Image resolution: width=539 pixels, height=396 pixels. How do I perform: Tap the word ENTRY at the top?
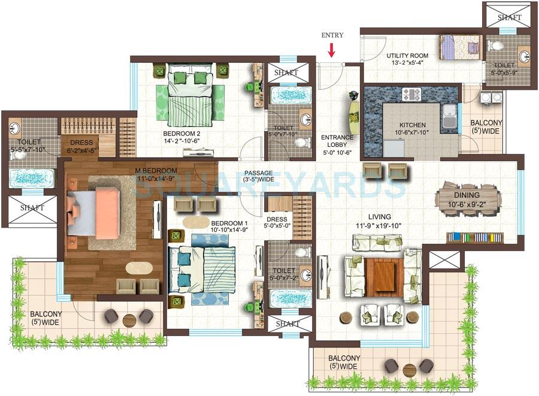click(x=332, y=35)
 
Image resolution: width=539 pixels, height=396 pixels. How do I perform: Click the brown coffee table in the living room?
click(x=381, y=276)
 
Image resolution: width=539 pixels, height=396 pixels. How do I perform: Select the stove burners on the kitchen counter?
click(x=412, y=94)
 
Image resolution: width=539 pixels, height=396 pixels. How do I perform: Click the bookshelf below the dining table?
click(x=474, y=237)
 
